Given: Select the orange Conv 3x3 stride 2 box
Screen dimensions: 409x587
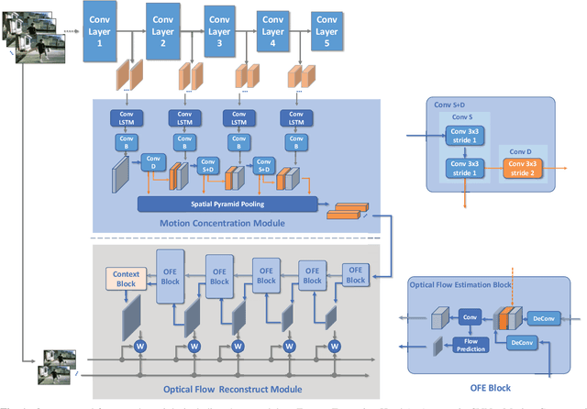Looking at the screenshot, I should (x=521, y=170).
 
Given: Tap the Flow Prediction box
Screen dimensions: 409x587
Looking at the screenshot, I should (x=467, y=345).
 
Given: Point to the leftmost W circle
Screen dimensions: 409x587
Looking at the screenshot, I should (x=141, y=347).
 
